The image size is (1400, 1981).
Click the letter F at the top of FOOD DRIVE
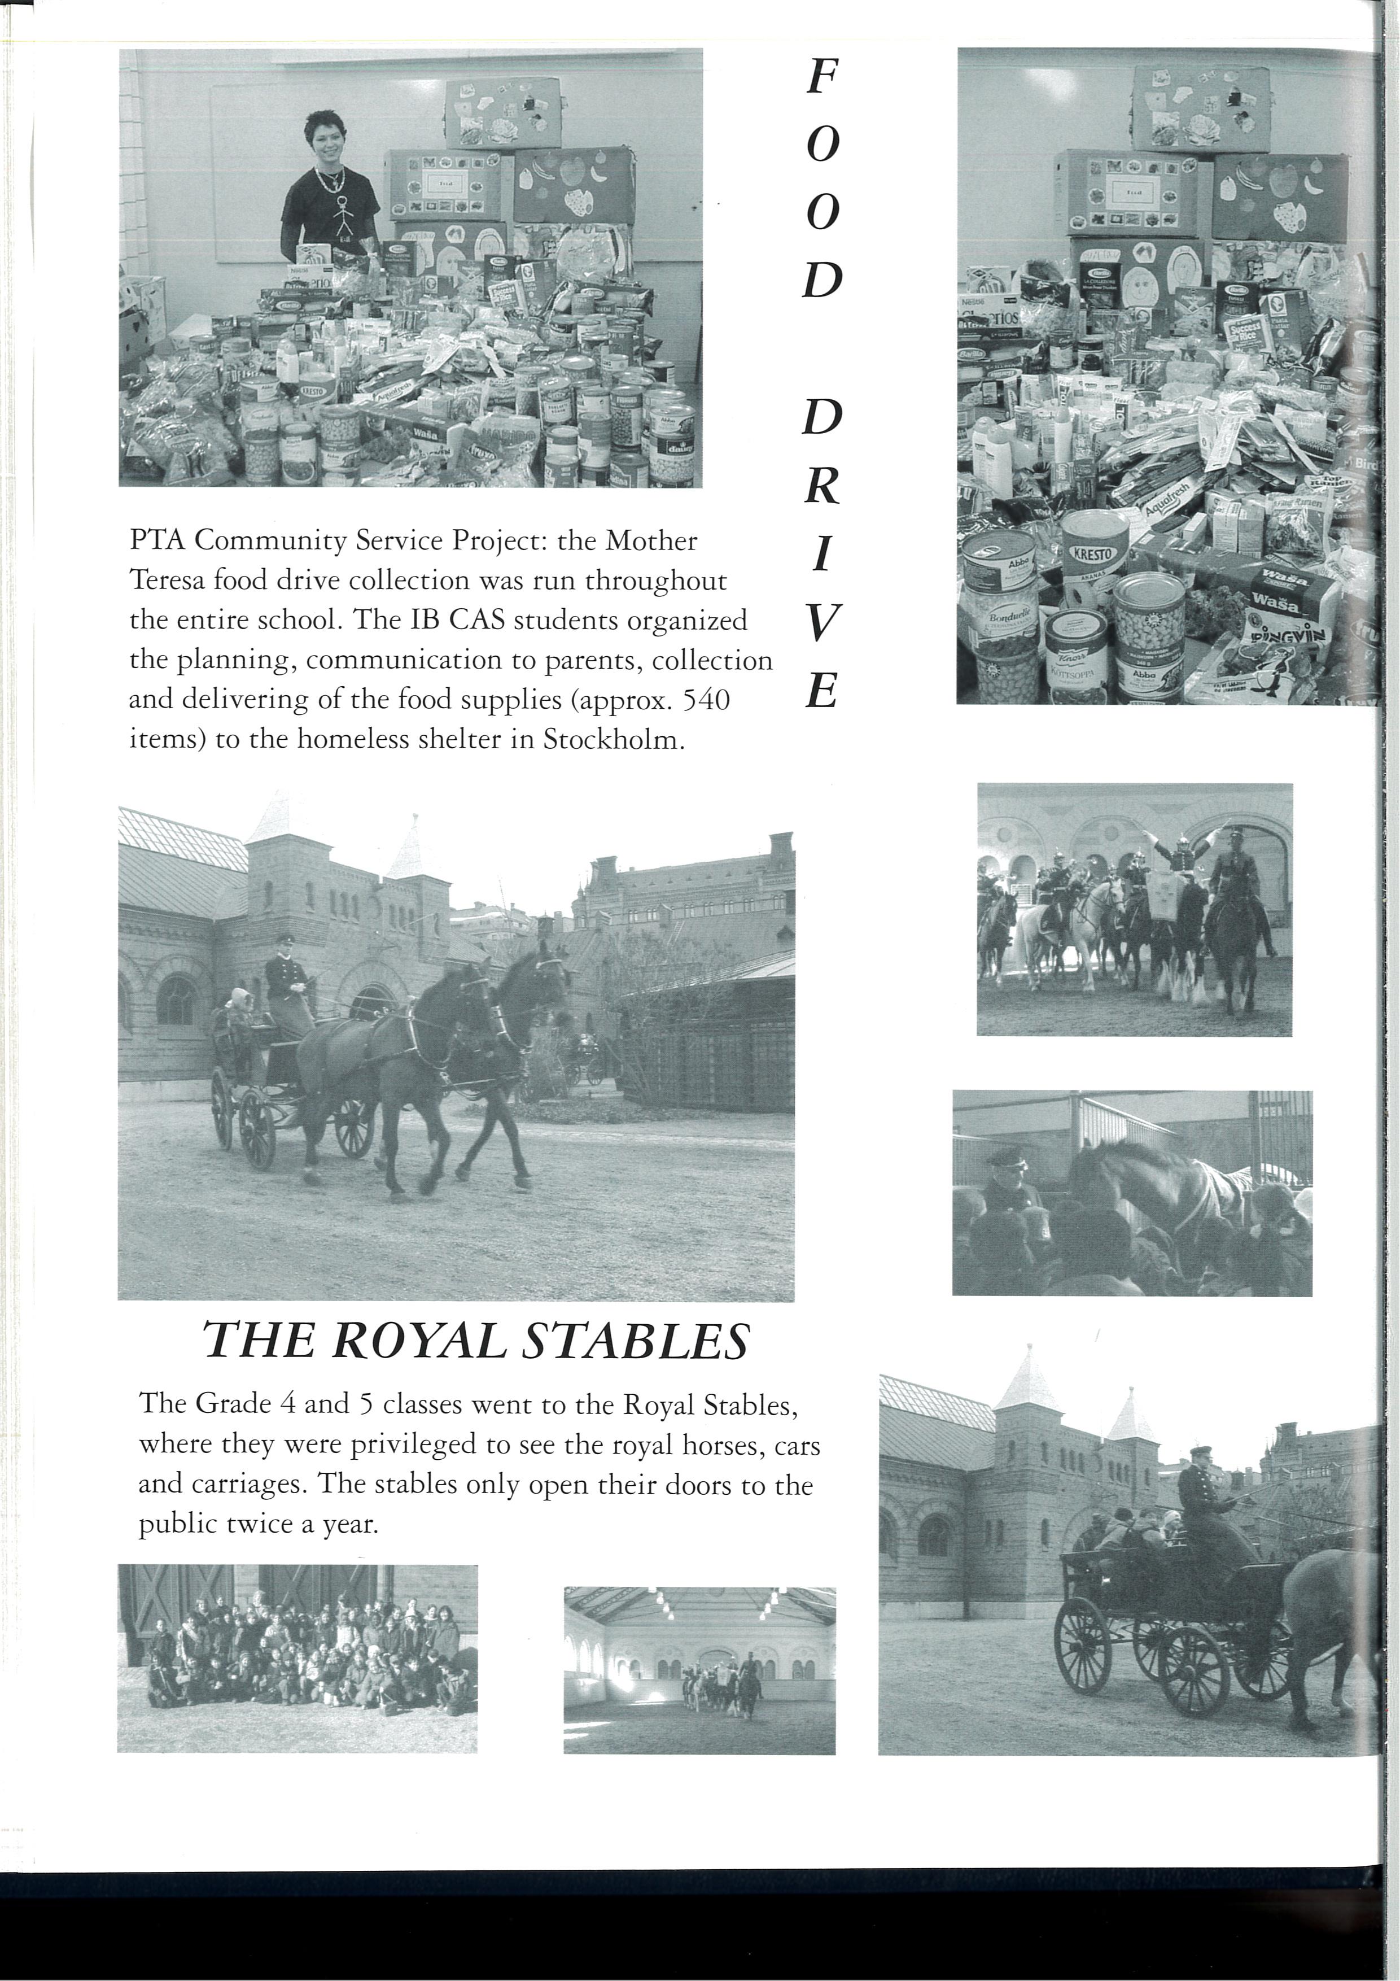(x=821, y=78)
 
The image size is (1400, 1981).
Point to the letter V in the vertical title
(x=821, y=623)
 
